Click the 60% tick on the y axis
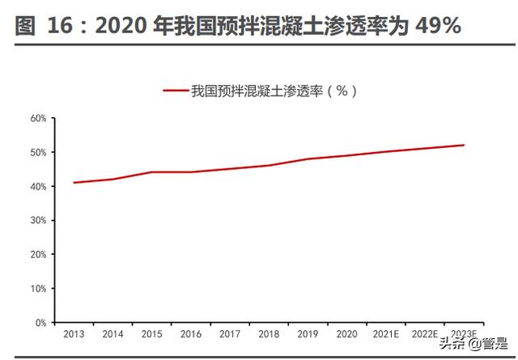tap(38, 118)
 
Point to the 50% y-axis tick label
tap(38, 152)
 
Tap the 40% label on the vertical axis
tap(38, 186)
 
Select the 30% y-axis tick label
tap(38, 220)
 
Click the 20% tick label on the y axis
tap(38, 254)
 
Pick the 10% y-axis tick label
tap(38, 288)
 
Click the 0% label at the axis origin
tap(40, 322)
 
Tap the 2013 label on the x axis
tap(74, 332)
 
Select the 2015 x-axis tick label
tap(151, 332)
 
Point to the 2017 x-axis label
tap(229, 332)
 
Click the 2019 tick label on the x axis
tap(308, 332)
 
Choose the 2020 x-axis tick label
tap(346, 332)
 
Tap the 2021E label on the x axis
tap(385, 332)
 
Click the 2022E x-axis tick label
tap(424, 332)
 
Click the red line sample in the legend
tap(176, 91)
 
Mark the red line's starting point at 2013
tap(74, 182)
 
